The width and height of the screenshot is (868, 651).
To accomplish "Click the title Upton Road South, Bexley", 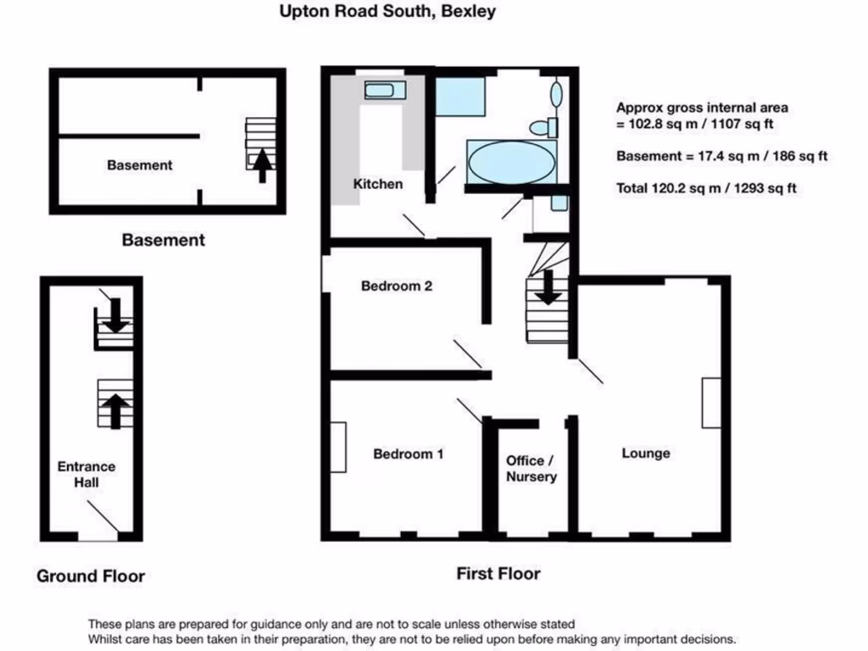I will pyautogui.click(x=387, y=12).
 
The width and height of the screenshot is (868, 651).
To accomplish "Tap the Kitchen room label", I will pyautogui.click(x=378, y=183).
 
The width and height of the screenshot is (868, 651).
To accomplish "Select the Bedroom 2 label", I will pyautogui.click(x=397, y=286).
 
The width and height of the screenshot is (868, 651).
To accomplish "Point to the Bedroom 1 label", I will pyautogui.click(x=409, y=454).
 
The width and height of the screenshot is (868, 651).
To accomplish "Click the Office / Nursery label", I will pyautogui.click(x=531, y=469).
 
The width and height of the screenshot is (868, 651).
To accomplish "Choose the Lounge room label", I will pyautogui.click(x=646, y=453).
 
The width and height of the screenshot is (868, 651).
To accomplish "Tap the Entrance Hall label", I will pyautogui.click(x=86, y=475).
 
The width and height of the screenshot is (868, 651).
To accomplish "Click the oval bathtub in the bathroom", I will pyautogui.click(x=511, y=161).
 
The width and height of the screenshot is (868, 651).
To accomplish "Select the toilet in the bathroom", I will pyautogui.click(x=542, y=128).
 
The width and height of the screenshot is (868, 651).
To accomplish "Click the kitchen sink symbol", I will pyautogui.click(x=386, y=90).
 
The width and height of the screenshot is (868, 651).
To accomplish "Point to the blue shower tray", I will pyautogui.click(x=460, y=97).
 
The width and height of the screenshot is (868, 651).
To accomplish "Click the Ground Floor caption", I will pyautogui.click(x=91, y=576).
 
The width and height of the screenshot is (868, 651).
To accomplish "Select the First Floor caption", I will pyautogui.click(x=498, y=574).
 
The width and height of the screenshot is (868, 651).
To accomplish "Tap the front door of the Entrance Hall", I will pyautogui.click(x=97, y=536).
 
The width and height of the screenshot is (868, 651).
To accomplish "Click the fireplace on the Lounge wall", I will pyautogui.click(x=710, y=403).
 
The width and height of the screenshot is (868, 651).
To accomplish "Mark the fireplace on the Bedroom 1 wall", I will pyautogui.click(x=338, y=447).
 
